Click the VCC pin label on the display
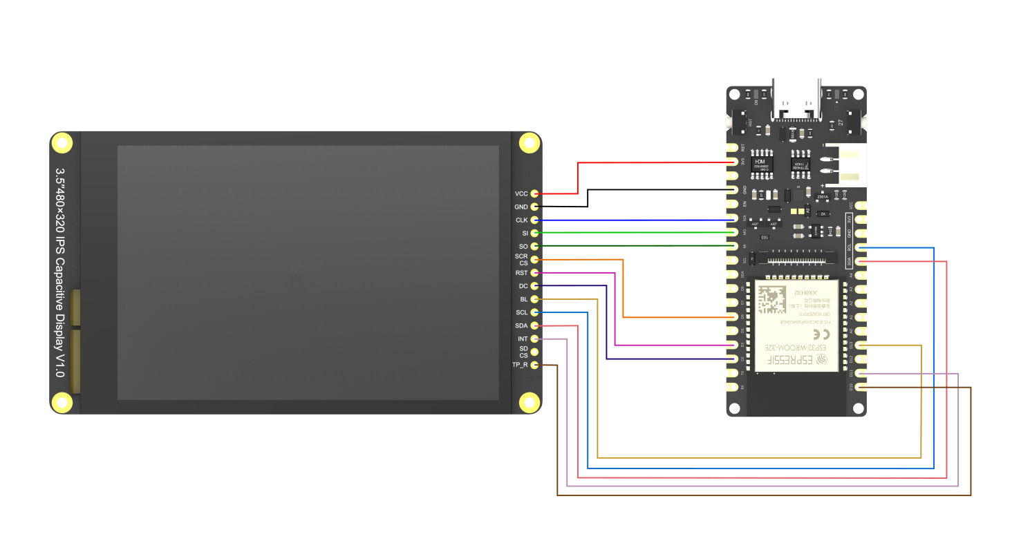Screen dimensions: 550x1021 click(521, 193)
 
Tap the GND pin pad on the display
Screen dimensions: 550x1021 click(534, 207)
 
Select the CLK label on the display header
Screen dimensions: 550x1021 click(521, 220)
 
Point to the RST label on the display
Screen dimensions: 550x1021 click(521, 273)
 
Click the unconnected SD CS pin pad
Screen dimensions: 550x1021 click(534, 352)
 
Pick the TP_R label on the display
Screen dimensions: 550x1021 click(520, 365)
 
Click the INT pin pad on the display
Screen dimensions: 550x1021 click(534, 339)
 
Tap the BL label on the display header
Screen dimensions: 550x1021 click(523, 299)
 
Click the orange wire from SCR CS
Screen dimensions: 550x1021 click(624, 290)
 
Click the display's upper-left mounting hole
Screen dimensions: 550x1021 click(62, 144)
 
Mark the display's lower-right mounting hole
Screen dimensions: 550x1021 click(529, 401)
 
